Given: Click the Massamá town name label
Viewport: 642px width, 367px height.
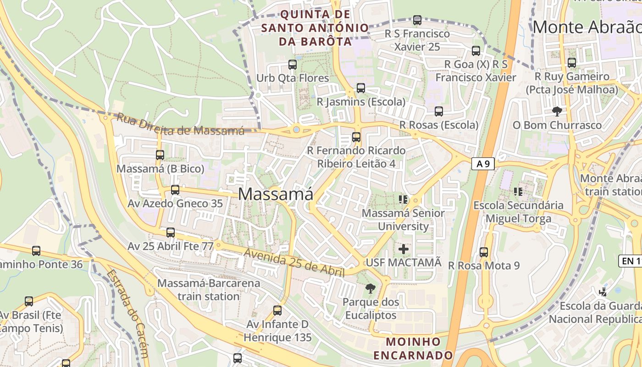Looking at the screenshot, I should (x=276, y=194).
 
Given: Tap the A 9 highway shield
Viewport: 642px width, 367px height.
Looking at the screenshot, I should (x=483, y=163).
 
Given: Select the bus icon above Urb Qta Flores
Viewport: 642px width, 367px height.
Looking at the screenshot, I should (x=293, y=65).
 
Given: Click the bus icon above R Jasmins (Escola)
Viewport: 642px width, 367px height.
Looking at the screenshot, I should (x=361, y=88).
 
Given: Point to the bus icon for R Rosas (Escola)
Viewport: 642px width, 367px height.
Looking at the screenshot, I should (x=439, y=111).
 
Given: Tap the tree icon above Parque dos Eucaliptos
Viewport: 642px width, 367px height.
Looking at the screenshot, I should (x=370, y=289).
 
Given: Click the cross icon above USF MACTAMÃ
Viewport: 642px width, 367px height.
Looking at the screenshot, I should (x=404, y=249).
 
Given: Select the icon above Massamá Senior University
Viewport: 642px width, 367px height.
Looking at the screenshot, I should (x=403, y=199).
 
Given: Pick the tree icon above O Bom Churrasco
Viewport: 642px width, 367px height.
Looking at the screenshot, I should (x=557, y=111).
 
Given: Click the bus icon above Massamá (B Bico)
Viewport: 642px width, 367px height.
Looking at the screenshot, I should (x=160, y=155).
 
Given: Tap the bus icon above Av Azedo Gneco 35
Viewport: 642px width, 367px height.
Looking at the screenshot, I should (x=175, y=190).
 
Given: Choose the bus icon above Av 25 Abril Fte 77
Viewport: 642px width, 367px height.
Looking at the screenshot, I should (x=171, y=233).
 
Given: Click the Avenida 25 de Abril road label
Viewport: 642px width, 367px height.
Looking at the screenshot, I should (x=293, y=262).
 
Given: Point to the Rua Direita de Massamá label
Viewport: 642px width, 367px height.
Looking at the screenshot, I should (x=180, y=124).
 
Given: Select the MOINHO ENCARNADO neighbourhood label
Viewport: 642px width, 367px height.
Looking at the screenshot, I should (x=413, y=349).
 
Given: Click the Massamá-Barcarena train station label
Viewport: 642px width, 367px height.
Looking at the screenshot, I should (x=209, y=289).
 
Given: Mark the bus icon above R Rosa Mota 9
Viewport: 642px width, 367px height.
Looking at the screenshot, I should (x=484, y=252).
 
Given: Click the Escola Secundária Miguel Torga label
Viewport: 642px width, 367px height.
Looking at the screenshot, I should (x=518, y=212).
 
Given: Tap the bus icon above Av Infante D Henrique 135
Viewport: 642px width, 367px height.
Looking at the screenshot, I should (x=277, y=311).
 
